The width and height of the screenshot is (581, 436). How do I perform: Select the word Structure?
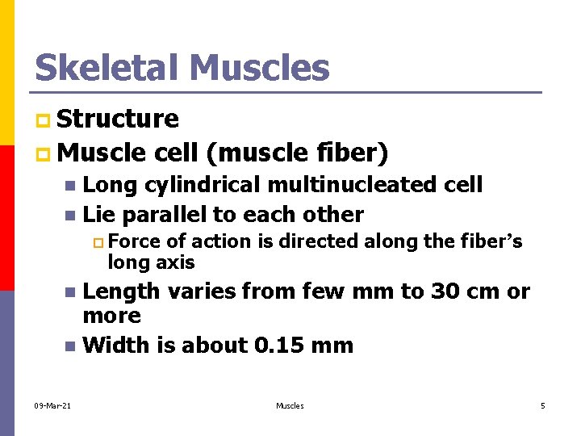(x=119, y=119)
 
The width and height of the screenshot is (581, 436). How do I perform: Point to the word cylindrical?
(x=203, y=185)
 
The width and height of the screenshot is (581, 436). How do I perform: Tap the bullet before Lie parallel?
(x=70, y=216)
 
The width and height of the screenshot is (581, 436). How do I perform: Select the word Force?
(x=133, y=241)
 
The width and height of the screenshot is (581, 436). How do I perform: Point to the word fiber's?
(x=491, y=241)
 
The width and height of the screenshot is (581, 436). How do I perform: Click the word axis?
(x=176, y=262)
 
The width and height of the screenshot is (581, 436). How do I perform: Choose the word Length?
(x=120, y=291)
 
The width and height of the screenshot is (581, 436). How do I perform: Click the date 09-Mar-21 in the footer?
(x=52, y=405)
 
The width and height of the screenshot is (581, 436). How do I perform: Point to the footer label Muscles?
(x=290, y=405)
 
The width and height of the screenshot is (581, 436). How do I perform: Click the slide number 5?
(x=542, y=405)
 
